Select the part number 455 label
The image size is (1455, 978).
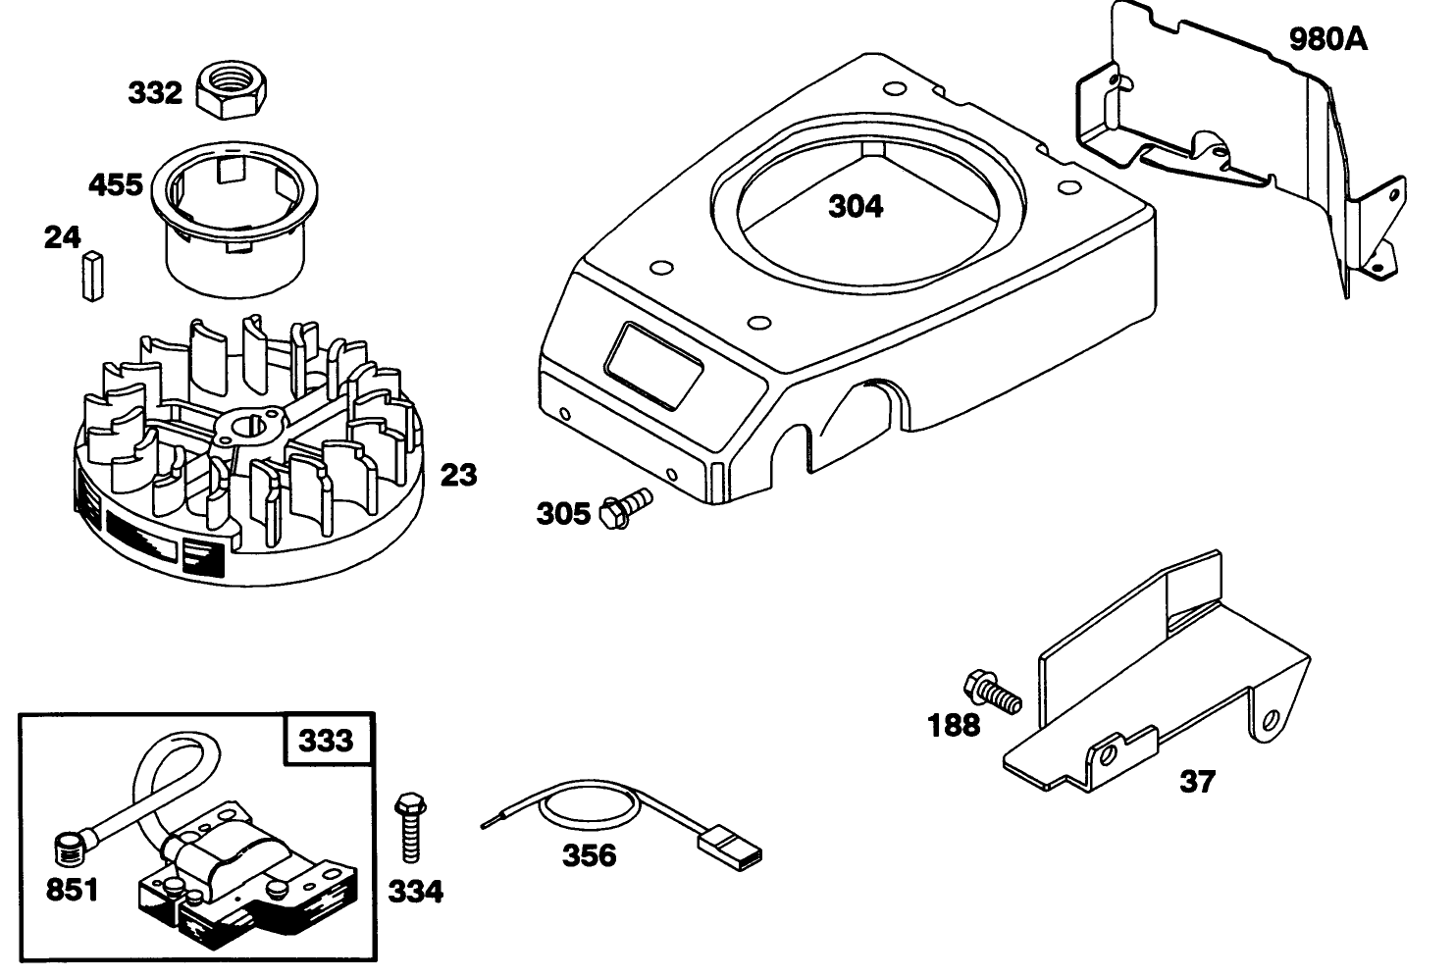coord(116,184)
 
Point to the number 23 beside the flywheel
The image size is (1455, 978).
coord(458,475)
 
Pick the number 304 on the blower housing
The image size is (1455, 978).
coord(856,206)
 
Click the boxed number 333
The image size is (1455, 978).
coord(327,739)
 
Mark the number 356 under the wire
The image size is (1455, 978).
coord(589,855)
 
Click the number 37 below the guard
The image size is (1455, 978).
coord(1197,782)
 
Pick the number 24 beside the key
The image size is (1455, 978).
coord(62,237)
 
